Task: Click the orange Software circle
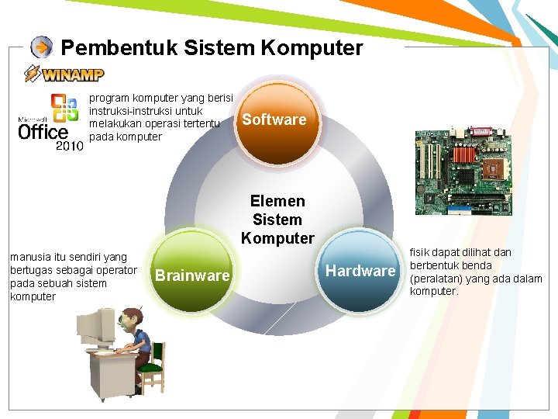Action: click(x=274, y=119)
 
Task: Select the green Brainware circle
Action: click(x=192, y=275)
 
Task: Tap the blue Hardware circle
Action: click(x=360, y=270)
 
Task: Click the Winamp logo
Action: click(x=64, y=74)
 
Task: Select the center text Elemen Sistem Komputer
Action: click(x=277, y=220)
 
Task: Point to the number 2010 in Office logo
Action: click(x=69, y=145)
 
